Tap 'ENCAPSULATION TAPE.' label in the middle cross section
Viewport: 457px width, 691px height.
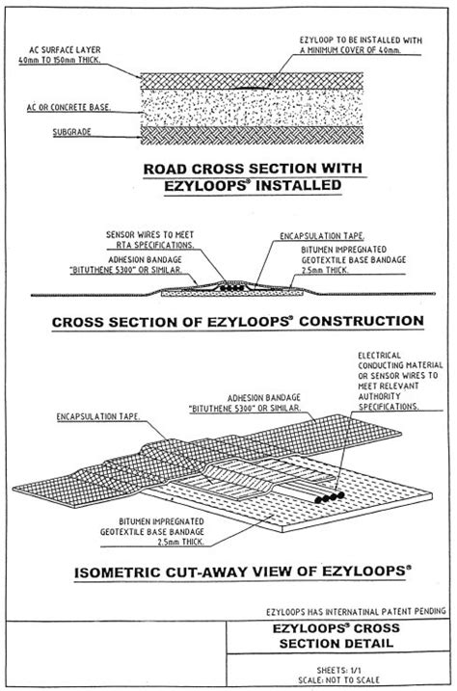313,234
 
